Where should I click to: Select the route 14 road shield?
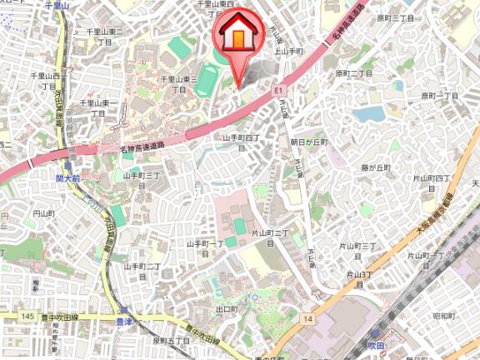pyautogui.click(x=308, y=318)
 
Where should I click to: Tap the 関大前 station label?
pyautogui.click(x=67, y=178)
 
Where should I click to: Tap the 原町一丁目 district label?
pyautogui.click(x=439, y=97)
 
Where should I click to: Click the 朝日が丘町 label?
pyautogui.click(x=308, y=142)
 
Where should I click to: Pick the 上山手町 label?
pyautogui.click(x=287, y=51)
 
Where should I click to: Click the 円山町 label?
pyautogui.click(x=42, y=214)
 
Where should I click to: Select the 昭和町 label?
pyautogui.click(x=443, y=317)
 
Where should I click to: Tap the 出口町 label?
pyautogui.click(x=227, y=309)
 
